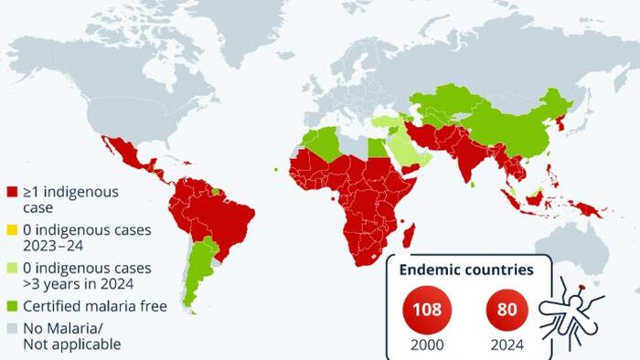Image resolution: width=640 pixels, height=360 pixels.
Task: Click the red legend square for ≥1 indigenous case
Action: point(12,193)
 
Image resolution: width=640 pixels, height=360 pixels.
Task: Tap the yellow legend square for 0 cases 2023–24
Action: point(12,230)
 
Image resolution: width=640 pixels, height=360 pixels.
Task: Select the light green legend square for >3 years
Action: point(12,268)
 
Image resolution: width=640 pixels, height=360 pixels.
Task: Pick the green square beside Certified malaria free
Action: point(12,306)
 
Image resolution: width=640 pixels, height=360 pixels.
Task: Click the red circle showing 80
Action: point(506,309)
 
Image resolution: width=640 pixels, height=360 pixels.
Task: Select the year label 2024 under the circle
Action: point(506,345)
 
